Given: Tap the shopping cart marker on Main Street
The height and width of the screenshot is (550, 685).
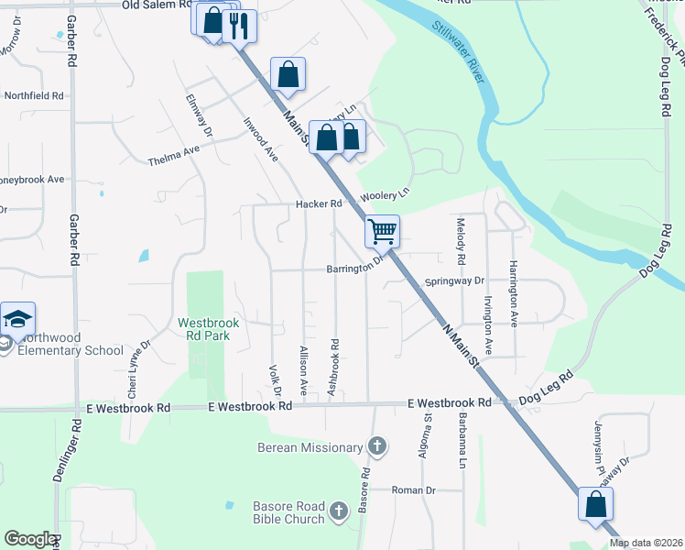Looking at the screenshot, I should (x=382, y=231).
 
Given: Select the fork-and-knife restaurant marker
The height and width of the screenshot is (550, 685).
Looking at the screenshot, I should (x=240, y=26).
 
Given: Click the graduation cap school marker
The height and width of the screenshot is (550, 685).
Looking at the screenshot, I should (x=17, y=318).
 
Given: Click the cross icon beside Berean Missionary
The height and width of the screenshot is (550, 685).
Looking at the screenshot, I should (x=375, y=447).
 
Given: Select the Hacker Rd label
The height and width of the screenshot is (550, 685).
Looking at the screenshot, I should (x=318, y=203).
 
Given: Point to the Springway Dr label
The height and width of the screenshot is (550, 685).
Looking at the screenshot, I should (x=453, y=281).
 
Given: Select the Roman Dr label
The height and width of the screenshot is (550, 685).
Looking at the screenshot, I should (x=413, y=490).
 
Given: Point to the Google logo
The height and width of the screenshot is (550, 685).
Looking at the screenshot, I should (x=30, y=539).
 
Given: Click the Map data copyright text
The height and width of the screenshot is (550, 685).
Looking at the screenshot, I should (x=646, y=543).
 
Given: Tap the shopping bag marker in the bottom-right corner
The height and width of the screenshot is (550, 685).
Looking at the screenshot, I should (x=595, y=504).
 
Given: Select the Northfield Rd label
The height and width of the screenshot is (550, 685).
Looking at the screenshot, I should (x=34, y=95).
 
